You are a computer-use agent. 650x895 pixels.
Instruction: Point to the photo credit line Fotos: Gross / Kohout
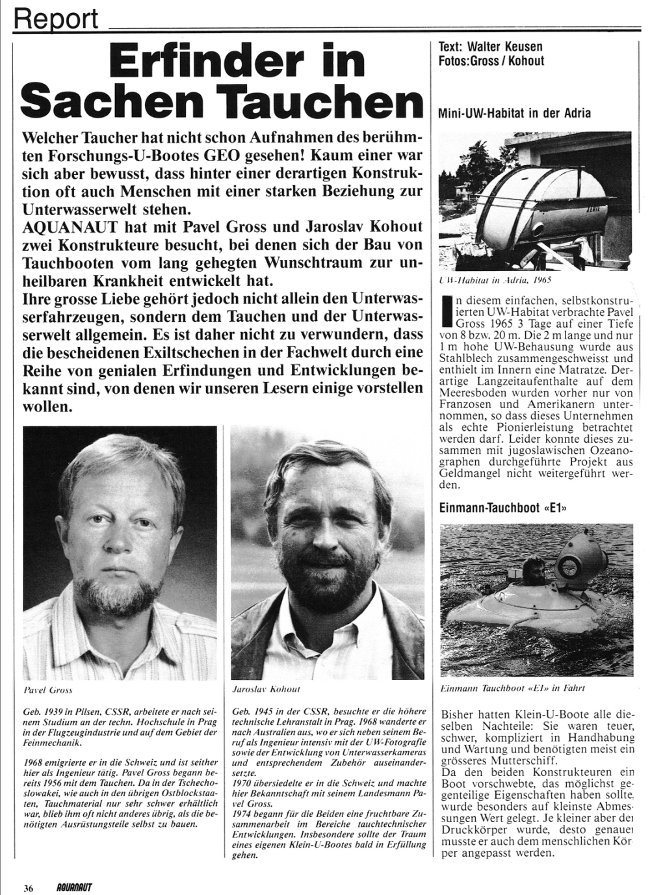click(x=491, y=61)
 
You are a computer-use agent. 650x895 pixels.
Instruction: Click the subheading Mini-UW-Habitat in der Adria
click(x=515, y=113)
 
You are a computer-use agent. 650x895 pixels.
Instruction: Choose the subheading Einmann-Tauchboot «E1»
click(x=503, y=508)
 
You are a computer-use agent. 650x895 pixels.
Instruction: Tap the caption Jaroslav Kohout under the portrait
click(x=266, y=689)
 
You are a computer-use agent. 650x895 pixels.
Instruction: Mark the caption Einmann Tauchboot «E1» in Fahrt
click(x=508, y=688)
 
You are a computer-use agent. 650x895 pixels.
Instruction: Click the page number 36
click(x=29, y=888)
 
